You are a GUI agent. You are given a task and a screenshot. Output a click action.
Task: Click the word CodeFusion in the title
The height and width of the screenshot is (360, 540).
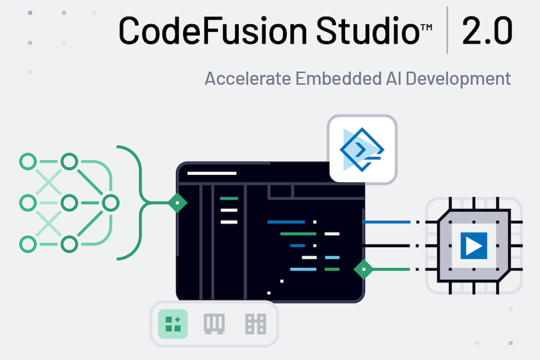(200, 31)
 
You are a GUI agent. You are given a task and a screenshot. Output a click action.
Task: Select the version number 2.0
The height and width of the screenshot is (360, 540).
(487, 31)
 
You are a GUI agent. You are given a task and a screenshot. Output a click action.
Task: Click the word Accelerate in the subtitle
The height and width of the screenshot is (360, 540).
(247, 78)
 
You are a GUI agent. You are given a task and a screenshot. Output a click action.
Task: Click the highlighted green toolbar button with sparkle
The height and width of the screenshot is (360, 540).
(173, 324)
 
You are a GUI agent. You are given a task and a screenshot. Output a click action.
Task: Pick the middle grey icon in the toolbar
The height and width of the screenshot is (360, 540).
(214, 324)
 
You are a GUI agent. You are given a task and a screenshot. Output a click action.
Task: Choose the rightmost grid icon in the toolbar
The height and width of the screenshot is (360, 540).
(255, 324)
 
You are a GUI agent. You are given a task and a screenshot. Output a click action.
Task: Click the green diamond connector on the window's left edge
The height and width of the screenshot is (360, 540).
(177, 203)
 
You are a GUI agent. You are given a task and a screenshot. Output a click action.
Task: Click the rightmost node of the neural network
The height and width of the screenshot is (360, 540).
(110, 203)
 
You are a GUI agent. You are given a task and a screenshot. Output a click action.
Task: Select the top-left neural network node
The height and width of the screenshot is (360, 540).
(28, 161)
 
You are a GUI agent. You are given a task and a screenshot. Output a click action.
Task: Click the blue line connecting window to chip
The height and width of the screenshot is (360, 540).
(386, 222)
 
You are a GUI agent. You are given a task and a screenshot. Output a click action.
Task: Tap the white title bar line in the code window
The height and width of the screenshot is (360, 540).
(212, 174)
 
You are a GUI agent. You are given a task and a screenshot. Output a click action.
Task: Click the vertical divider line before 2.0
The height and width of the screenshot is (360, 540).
(448, 31)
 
